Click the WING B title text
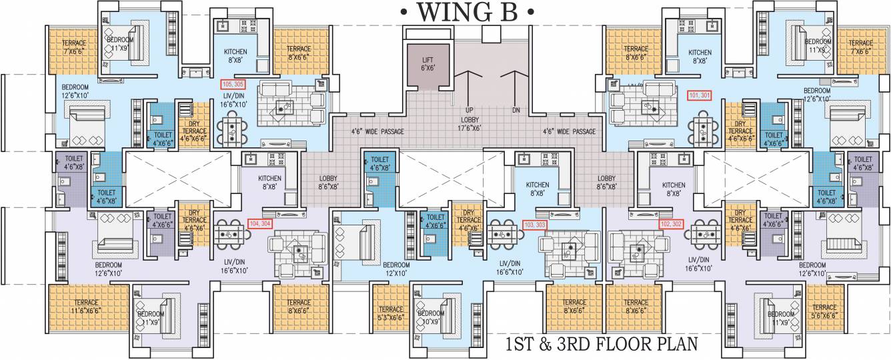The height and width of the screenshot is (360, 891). coord(467,12)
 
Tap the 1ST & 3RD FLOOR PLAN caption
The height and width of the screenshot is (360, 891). coord(601,345)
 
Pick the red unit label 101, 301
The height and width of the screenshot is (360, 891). coord(700,95)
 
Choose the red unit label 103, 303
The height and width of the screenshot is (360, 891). coord(536,225)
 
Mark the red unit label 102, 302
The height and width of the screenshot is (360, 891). coord(672,225)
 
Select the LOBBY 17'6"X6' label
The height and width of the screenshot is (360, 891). coord(471,123)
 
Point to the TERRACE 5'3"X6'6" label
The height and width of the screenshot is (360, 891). coord(391,313)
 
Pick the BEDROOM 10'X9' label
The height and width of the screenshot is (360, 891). coord(430,317)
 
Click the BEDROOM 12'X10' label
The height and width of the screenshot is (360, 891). coord(396,269)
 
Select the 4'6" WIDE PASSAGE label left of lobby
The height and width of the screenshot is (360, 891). coord(378,132)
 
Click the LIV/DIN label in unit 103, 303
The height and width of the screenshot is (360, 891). coord(511,268)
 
